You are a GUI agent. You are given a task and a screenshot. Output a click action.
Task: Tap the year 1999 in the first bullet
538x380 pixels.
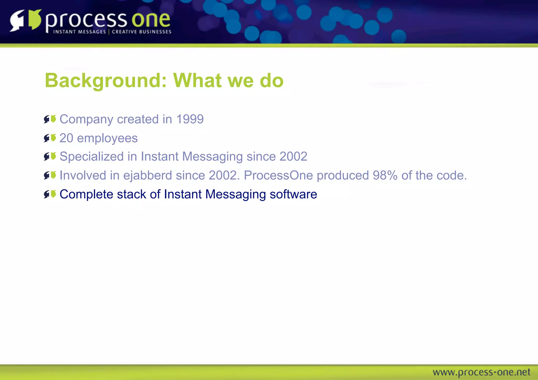[190, 119]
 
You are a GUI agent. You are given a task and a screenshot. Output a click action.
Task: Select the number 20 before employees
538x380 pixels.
[66, 138]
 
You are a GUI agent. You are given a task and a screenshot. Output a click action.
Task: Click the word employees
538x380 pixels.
[107, 139]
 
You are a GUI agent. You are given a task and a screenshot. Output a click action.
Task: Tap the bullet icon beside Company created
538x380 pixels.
[50, 119]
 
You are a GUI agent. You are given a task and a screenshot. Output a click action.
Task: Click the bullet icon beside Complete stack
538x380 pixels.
[50, 194]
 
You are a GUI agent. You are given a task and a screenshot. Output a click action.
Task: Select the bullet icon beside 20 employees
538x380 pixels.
[50, 138]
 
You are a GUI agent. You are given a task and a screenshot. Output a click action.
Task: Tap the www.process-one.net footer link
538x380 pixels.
[481, 372]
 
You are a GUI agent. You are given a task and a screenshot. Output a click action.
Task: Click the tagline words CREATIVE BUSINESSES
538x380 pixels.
[142, 32]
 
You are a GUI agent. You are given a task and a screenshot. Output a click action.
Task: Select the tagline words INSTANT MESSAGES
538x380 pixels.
[79, 32]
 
